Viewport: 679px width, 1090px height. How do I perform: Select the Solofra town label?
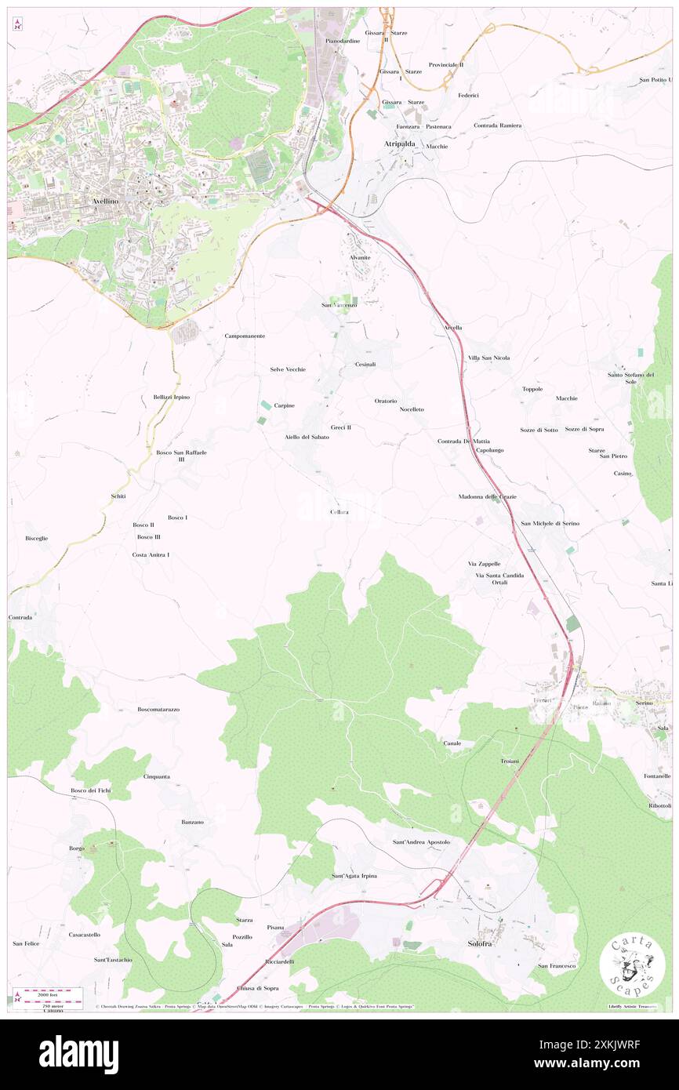pyautogui.click(x=479, y=943)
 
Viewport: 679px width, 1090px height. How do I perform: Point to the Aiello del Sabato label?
pyautogui.click(x=307, y=437)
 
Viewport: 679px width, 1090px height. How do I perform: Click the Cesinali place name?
pyautogui.click(x=365, y=365)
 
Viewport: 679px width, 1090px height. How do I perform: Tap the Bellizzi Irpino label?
pyautogui.click(x=171, y=398)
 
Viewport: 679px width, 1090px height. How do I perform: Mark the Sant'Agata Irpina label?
pyautogui.click(x=354, y=876)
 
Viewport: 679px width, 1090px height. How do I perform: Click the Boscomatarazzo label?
pyautogui.click(x=158, y=710)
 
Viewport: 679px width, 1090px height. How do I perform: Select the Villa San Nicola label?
pyautogui.click(x=488, y=358)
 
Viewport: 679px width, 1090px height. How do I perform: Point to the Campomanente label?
pyautogui.click(x=245, y=336)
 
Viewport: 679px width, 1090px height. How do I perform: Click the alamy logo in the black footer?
pyautogui.click(x=78, y=1054)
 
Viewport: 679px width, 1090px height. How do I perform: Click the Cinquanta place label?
pyautogui.click(x=157, y=776)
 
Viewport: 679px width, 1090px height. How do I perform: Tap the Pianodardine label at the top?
pyautogui.click(x=343, y=41)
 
